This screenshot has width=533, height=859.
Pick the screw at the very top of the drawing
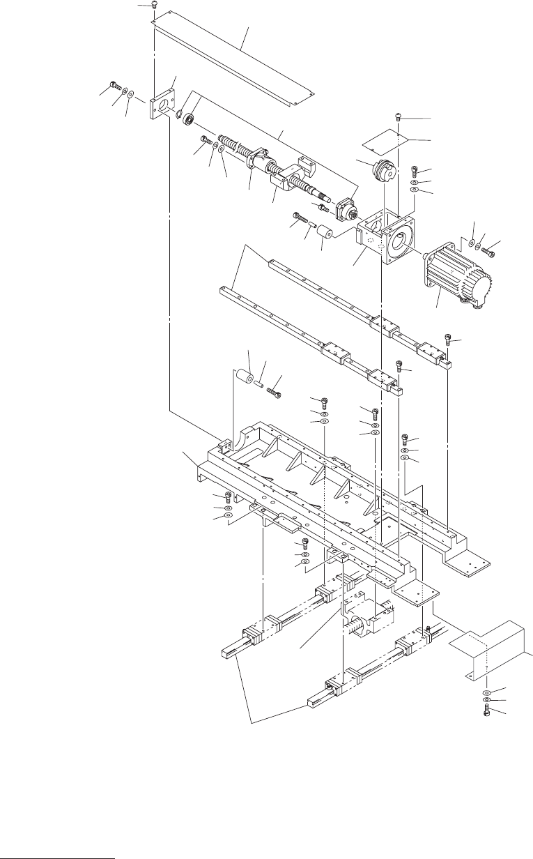[154, 6]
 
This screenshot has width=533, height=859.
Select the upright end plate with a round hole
[162, 105]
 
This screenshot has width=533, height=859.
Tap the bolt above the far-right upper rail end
[449, 341]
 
